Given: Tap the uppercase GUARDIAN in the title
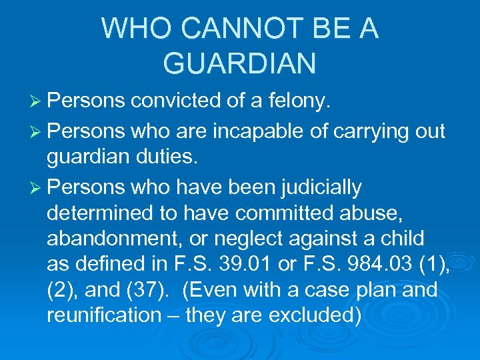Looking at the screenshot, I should [x=239, y=63].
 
